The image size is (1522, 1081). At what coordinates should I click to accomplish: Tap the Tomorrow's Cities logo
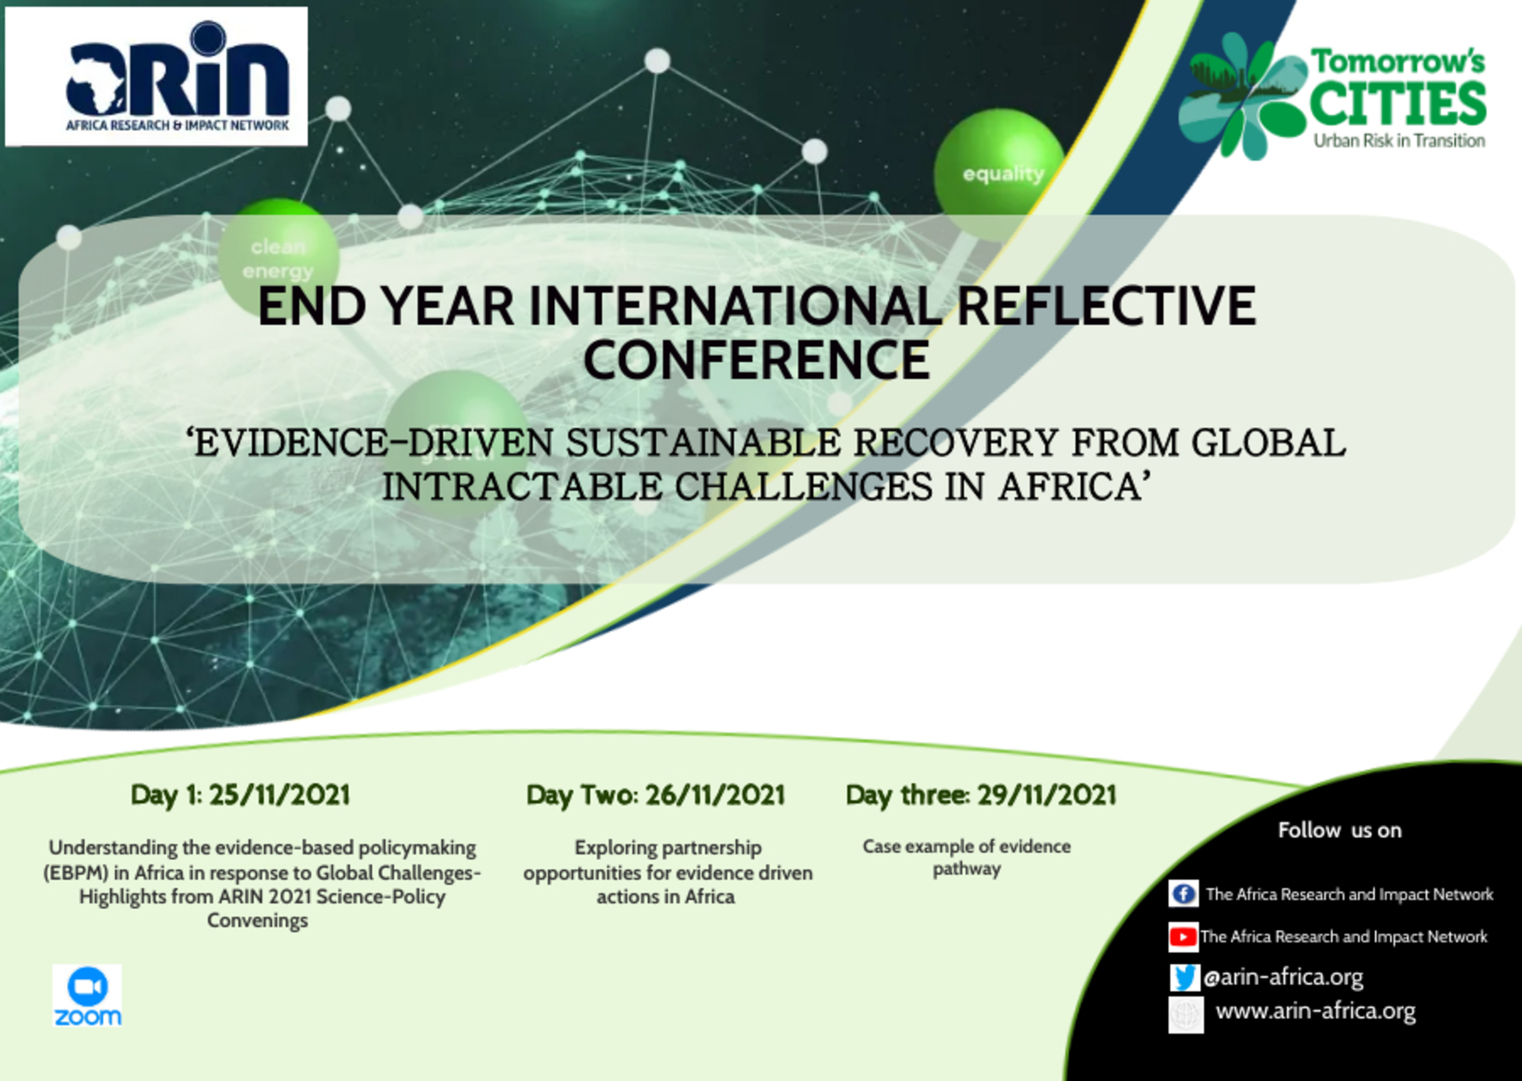[x=1332, y=96]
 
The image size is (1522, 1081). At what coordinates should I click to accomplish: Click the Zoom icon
[x=87, y=995]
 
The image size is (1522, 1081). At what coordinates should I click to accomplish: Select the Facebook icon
[x=1183, y=893]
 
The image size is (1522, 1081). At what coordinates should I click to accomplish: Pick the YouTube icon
[x=1183, y=937]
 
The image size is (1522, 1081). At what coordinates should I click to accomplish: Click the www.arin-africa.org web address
[x=1316, y=1011]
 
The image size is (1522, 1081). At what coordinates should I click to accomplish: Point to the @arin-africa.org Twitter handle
[x=1283, y=977]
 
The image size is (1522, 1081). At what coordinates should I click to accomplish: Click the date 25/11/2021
[x=279, y=795]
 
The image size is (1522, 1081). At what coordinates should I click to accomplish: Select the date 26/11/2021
[x=715, y=795]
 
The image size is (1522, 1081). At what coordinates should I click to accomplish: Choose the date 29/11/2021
[x=1046, y=795]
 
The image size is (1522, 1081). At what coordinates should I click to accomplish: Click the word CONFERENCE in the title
[x=757, y=360]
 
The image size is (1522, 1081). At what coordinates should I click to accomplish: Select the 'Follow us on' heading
[x=1339, y=830]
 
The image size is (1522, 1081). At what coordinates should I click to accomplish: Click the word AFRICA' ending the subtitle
[x=1075, y=486]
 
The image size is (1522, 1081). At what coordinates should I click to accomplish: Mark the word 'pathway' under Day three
[x=966, y=869]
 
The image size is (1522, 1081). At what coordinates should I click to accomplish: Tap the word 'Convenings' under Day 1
[x=257, y=920]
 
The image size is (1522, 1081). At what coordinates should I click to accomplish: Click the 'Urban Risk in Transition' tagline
[x=1399, y=140]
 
